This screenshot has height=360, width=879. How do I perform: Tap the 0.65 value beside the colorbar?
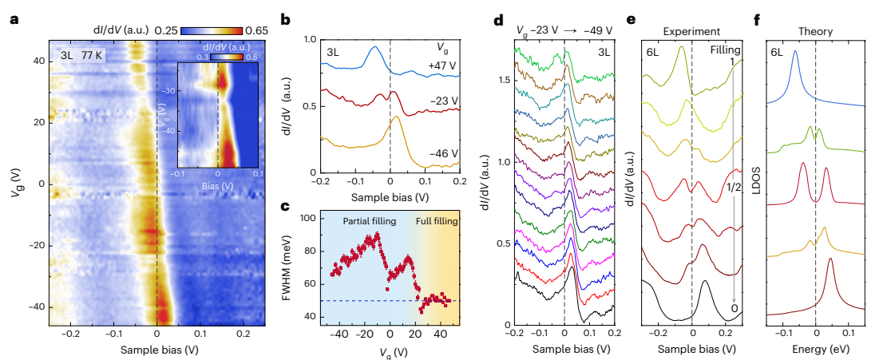[x=251, y=30]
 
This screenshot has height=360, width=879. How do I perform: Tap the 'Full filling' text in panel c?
[x=436, y=221]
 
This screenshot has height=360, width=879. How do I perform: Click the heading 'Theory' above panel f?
[x=816, y=32]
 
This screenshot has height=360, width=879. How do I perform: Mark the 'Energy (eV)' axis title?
[x=816, y=350]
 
